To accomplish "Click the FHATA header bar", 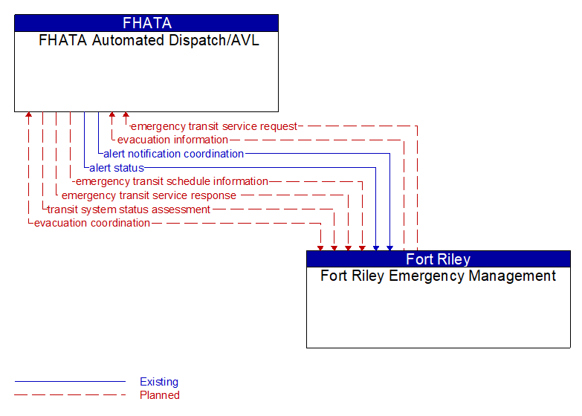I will point(146,23).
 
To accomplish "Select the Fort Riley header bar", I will point(438,259).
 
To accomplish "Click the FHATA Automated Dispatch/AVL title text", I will point(149,41).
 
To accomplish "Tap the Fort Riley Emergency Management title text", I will point(438,276).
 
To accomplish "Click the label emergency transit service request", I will point(214,126).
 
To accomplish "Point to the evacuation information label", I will point(172,140).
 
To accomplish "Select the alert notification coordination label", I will point(173,154).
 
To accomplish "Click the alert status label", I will point(116,168).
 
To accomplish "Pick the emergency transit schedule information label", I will point(171,181).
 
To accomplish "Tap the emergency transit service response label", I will point(149,195).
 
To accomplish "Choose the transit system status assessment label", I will point(129,209).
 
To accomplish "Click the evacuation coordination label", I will point(92,223).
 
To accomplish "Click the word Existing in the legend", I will point(159,382).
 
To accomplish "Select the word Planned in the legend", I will point(159,395).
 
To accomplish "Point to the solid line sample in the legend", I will point(70,382).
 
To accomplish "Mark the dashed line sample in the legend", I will point(70,395).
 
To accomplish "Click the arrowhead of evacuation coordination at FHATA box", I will point(28,116).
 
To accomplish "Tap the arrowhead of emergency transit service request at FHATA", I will point(126,116).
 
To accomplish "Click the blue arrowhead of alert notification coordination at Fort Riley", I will point(389,247).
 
